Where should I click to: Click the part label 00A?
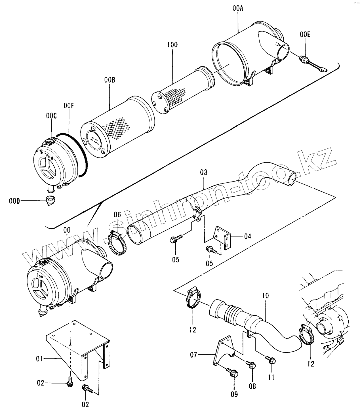tap(237, 8)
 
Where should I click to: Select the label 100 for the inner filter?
tap(172, 45)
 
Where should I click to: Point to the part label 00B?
tap(110, 80)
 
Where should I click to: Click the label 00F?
tap(69, 106)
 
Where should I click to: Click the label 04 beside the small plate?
tap(248, 236)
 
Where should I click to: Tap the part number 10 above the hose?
tap(265, 296)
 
